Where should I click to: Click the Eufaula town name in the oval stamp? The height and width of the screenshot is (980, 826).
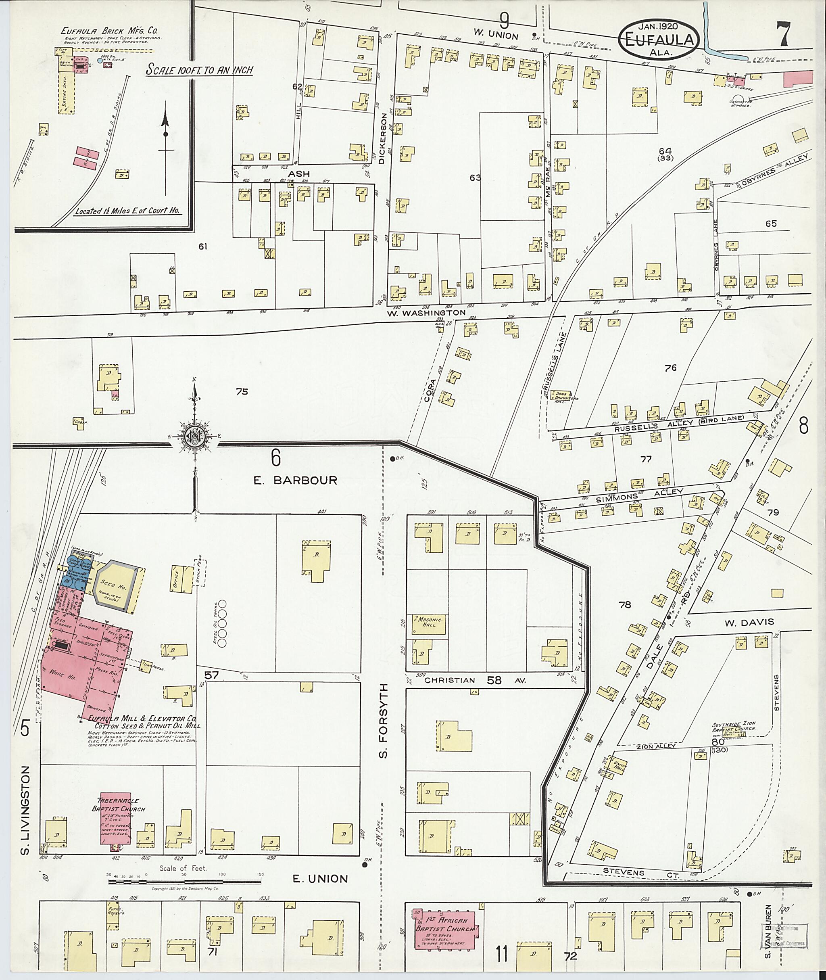[660, 40]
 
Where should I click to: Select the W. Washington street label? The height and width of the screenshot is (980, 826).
[427, 312]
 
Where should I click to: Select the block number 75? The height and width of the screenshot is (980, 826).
[242, 392]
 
